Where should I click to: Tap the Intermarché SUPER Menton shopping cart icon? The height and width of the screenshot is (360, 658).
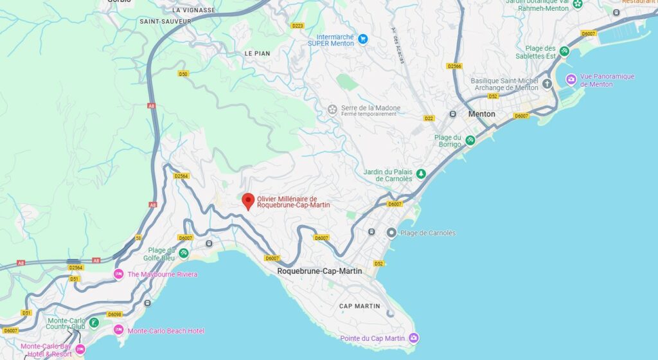click(x=362, y=39)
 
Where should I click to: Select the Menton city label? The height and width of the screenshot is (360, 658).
click(x=481, y=114)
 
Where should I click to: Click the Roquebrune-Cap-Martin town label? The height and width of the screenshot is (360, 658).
click(x=319, y=271)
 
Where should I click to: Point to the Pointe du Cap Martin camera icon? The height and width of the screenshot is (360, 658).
click(x=414, y=337)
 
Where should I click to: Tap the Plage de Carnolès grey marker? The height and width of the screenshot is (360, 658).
click(x=391, y=232)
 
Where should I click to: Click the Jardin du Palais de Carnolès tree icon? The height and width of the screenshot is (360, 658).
click(x=421, y=173)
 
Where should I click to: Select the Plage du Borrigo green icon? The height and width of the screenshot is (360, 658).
click(x=470, y=140)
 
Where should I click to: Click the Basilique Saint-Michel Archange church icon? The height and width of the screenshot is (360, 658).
click(x=547, y=84)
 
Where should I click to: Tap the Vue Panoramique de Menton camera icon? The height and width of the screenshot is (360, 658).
click(x=571, y=79)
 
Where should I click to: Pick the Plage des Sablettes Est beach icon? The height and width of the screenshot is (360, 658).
click(x=564, y=51)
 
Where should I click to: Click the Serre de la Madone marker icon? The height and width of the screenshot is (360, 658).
click(x=332, y=109)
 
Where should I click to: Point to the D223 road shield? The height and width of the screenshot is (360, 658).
click(x=298, y=26)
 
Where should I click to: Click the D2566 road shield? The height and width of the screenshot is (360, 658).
click(x=454, y=66)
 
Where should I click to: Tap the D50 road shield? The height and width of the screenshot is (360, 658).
click(x=184, y=74)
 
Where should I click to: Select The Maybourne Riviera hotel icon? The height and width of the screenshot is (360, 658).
click(x=118, y=274)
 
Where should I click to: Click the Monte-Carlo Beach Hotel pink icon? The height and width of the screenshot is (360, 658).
click(x=118, y=330)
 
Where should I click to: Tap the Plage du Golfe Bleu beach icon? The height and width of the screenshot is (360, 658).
click(x=184, y=253)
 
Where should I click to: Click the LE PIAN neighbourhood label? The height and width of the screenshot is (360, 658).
click(x=257, y=53)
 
